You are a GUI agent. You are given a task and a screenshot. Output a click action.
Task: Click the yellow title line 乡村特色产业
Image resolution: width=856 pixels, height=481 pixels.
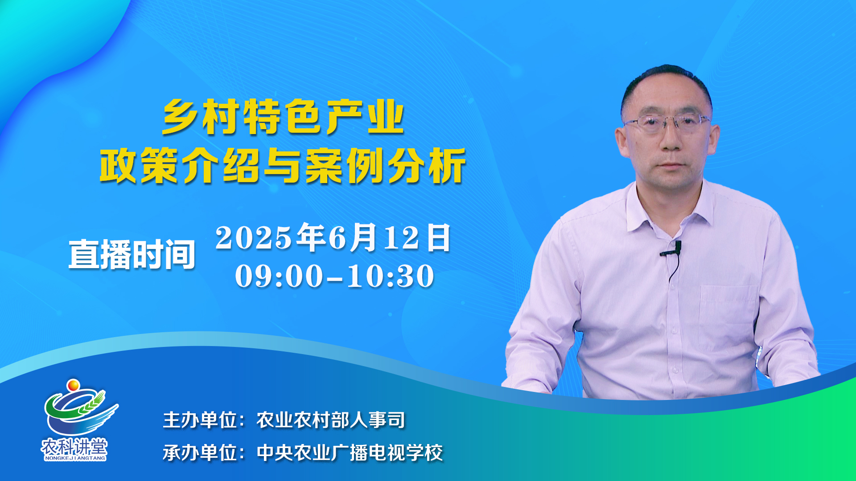pyautogui.click(x=283, y=117)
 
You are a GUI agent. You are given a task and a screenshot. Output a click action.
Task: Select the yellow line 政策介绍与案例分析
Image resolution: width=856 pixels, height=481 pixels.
pyautogui.click(x=283, y=166)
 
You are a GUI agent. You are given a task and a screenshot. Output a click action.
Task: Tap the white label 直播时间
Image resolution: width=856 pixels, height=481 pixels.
pyautogui.click(x=132, y=254)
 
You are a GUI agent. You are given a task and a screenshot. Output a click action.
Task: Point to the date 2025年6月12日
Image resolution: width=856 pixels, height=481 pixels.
pyautogui.click(x=333, y=237)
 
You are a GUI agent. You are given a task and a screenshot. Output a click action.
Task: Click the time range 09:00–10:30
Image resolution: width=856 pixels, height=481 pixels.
pyautogui.click(x=334, y=276)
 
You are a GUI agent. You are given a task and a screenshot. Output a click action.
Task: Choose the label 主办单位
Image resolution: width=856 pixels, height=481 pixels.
pyautogui.click(x=200, y=420)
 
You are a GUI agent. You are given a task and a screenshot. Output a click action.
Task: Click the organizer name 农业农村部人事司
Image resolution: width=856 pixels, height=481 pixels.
pyautogui.click(x=331, y=420)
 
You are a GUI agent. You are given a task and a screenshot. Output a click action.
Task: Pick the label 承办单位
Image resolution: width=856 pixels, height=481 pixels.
pyautogui.click(x=200, y=453)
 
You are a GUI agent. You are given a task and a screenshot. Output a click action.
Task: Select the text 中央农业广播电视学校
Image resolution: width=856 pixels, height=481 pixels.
pyautogui.click(x=350, y=453)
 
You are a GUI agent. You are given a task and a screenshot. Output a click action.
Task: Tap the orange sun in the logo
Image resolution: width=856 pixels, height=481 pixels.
pyautogui.click(x=73, y=384)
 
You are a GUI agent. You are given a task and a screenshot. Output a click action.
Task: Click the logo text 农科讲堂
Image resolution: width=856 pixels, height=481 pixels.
pyautogui.click(x=74, y=446)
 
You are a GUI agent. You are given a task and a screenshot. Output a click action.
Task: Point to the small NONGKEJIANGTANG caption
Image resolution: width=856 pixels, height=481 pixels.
pyautogui.click(x=75, y=458)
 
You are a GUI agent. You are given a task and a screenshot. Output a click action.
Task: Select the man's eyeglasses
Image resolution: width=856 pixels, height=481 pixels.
pyautogui.click(x=667, y=122)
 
